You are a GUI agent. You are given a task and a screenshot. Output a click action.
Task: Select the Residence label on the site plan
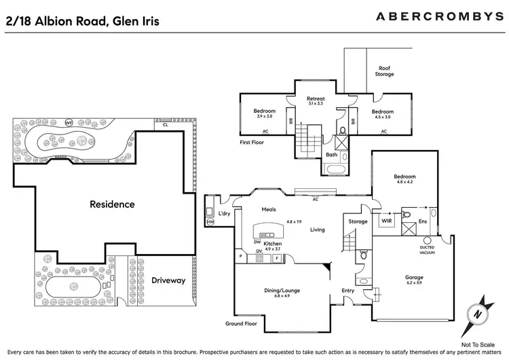tap(113, 204)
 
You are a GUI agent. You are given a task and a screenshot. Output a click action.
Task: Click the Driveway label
tap(168, 280)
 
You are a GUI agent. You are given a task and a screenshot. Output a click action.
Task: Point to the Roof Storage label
tap(384, 71)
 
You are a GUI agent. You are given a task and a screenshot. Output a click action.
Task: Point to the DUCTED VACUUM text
tap(427, 250)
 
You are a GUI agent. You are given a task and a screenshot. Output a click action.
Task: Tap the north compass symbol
tap(480, 313)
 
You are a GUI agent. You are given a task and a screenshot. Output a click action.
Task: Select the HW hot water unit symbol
tap(210, 221)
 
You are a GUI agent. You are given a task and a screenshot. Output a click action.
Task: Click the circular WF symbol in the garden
tap(69, 123)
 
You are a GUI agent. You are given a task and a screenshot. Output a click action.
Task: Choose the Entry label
tap(348, 291)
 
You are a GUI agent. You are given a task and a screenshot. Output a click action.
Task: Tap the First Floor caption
tap(252, 143)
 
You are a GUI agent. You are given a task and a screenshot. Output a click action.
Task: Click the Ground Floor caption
tap(240, 324)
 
